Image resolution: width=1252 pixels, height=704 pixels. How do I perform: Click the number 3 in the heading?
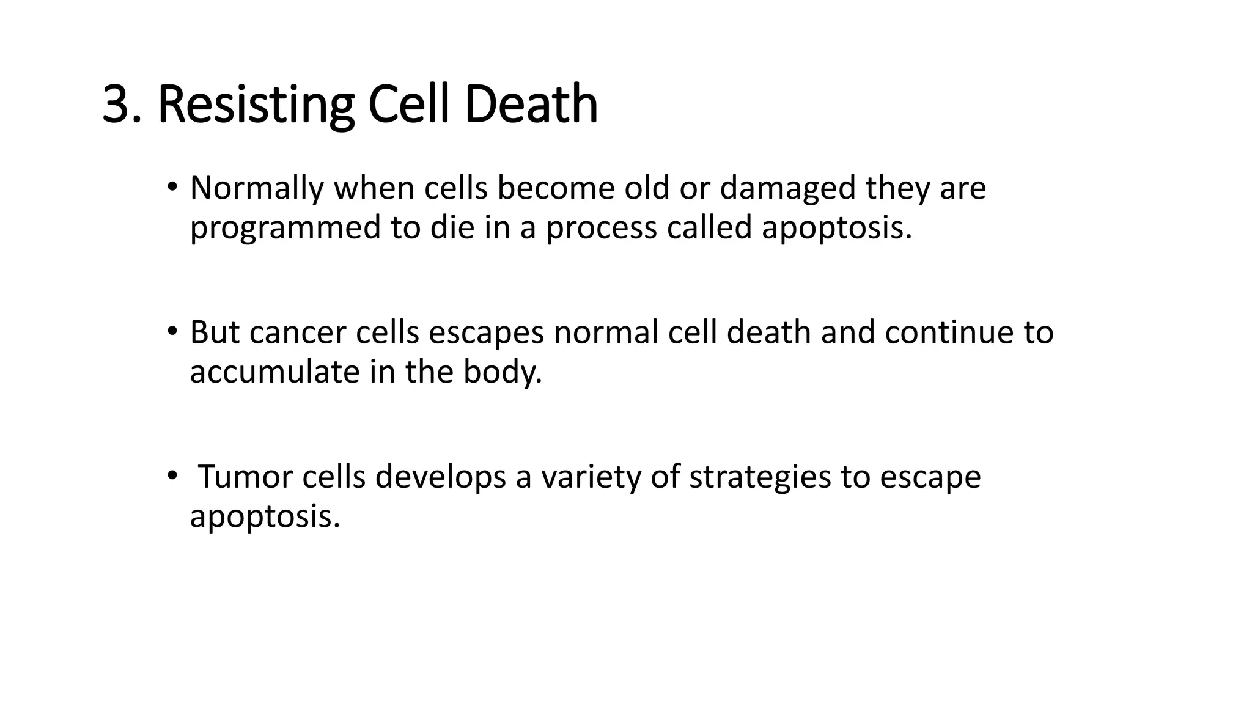pos(116,105)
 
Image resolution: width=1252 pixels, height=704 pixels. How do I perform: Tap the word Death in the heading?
pos(531,105)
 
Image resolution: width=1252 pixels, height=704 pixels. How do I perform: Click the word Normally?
pos(256,188)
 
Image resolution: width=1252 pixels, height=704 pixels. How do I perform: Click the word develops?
pos(440,477)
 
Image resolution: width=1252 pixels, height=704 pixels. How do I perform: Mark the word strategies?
pos(760,477)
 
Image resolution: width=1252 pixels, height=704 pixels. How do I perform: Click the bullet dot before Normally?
pos(172,186)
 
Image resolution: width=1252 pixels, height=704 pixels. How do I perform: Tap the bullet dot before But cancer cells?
pos(172,331)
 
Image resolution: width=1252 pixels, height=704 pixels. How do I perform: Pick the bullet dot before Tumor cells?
pos(172,475)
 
